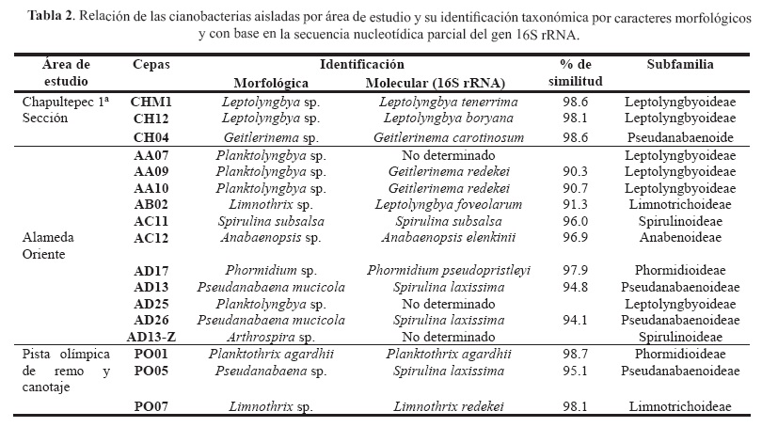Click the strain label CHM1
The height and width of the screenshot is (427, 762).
(x=151, y=99)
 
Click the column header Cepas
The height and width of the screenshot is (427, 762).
(x=151, y=65)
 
